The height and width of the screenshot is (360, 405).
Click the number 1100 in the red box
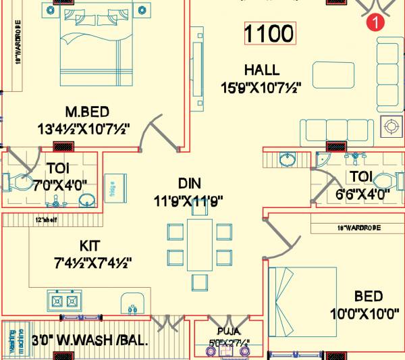click(x=269, y=34)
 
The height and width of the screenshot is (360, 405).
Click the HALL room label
click(x=262, y=70)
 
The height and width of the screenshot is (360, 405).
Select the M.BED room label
click(x=87, y=111)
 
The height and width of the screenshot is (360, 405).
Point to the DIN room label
click(x=190, y=183)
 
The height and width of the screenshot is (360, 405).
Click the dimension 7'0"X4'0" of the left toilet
click(x=62, y=184)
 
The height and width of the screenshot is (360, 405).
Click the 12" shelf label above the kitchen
click(x=45, y=220)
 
